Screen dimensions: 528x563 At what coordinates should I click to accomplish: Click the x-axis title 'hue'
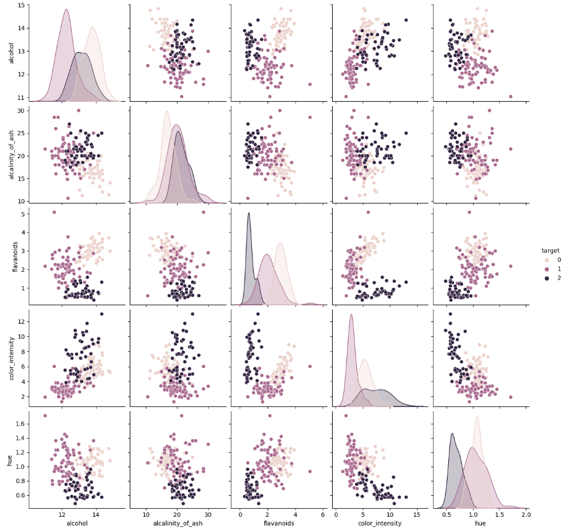click(479, 523)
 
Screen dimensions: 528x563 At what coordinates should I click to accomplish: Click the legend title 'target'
click(550, 251)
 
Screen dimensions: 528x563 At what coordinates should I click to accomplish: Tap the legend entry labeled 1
click(558, 269)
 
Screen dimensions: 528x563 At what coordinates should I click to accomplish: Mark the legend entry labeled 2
click(558, 278)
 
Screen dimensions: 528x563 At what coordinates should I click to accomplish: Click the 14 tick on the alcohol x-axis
click(95, 514)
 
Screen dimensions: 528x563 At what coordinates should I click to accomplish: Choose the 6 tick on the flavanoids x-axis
click(323, 514)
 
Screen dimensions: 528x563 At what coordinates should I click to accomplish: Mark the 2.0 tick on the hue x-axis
click(526, 514)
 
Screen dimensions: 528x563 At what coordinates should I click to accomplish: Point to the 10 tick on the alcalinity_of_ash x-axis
click(146, 514)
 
